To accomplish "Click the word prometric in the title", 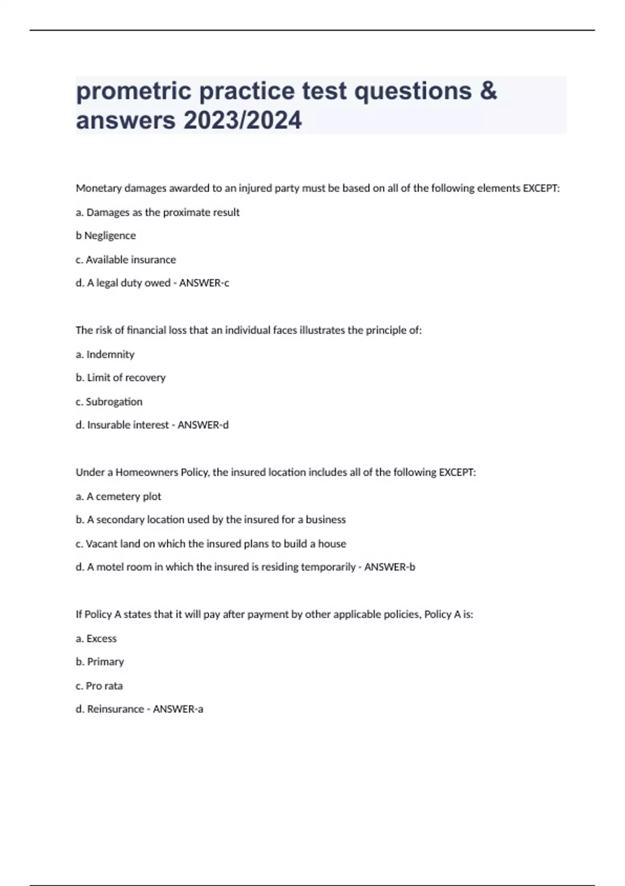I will (x=134, y=92).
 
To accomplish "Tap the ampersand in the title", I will (x=488, y=91).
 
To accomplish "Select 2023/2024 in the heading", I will (x=242, y=120).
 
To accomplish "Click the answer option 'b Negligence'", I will (x=106, y=236).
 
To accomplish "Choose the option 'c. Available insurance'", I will (x=126, y=260).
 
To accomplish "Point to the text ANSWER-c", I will (x=204, y=283).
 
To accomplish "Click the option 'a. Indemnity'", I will (x=105, y=354).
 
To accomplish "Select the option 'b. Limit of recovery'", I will (x=120, y=378).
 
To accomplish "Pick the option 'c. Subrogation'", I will (x=109, y=402).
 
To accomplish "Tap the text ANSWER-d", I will (x=203, y=425).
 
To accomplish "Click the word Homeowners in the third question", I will (x=146, y=473).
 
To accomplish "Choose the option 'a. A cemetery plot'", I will (x=118, y=497).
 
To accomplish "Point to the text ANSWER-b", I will (x=390, y=567).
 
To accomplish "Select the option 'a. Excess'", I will (x=96, y=638).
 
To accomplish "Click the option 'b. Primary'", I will (x=99, y=662).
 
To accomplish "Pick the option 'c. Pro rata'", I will (x=99, y=686).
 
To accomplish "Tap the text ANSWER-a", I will (x=178, y=709).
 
